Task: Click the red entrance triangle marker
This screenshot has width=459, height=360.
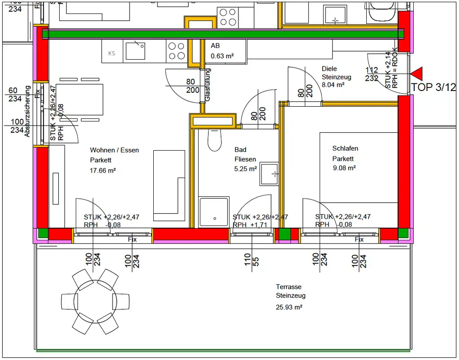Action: pos(417,74)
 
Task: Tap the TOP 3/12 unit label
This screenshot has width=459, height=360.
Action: pos(433,87)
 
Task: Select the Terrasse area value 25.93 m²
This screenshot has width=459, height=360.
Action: pos(289,307)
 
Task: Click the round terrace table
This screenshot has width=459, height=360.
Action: pos(95,301)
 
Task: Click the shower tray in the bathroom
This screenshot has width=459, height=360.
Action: pos(214,212)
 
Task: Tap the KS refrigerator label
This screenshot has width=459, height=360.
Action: pos(112,53)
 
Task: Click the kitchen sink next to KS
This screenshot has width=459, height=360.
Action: pos(135,50)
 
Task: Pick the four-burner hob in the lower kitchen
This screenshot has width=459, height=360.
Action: pos(176,51)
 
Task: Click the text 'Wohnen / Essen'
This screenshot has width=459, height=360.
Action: pos(114,150)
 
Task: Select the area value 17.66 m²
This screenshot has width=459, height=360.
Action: pos(103,170)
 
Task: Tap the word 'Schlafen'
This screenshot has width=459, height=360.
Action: pos(345,148)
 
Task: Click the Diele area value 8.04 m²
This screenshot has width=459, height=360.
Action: pos(333,84)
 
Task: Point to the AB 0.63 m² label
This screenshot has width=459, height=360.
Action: pos(222,51)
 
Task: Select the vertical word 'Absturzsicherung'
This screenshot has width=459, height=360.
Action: pos(27,111)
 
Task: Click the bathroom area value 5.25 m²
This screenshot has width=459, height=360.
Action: pos(246,169)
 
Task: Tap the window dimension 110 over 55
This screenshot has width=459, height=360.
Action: pos(251,259)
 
